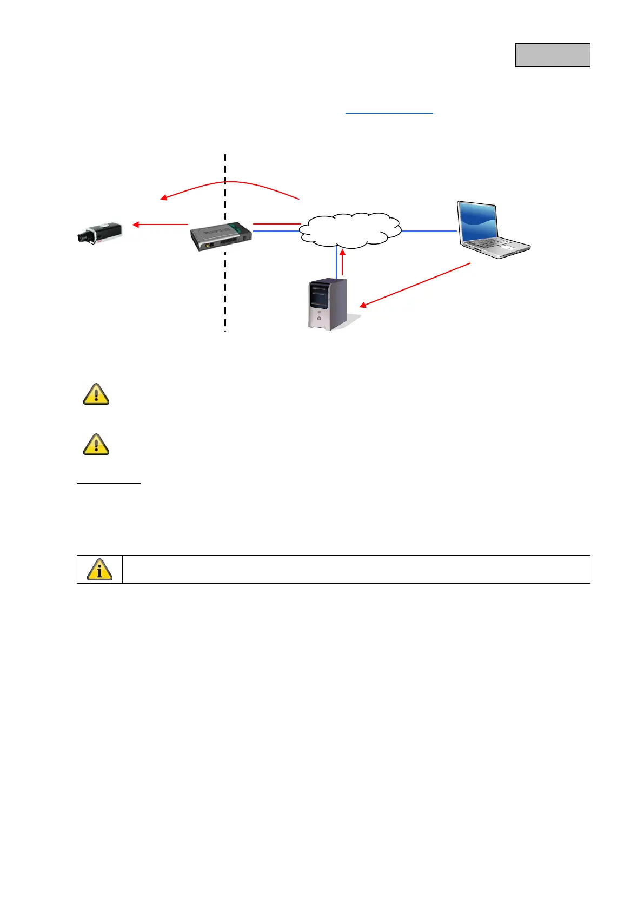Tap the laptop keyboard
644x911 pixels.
point(498,246)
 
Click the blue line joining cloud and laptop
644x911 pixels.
point(429,231)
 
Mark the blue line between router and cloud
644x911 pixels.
point(276,232)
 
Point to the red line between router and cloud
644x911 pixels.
point(276,223)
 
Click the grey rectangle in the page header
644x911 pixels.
point(552,55)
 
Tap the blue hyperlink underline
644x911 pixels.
point(389,113)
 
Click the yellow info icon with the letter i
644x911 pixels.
point(99,570)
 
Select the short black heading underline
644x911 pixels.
point(108,483)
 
